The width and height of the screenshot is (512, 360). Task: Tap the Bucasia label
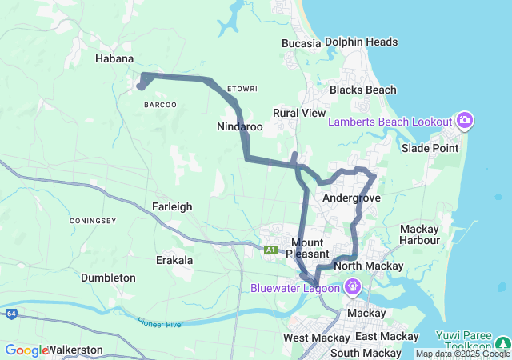pyautogui.click(x=301, y=42)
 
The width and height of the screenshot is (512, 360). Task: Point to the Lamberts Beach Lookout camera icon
pyautogui.click(x=465, y=121)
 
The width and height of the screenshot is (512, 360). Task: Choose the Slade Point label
pyautogui.click(x=430, y=148)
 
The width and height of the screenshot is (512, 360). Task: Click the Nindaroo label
pyautogui.click(x=240, y=127)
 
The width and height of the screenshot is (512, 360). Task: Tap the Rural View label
pyautogui.click(x=299, y=113)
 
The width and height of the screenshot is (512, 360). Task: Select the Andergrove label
pyautogui.click(x=350, y=198)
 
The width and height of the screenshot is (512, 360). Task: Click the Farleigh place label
pyautogui.click(x=172, y=206)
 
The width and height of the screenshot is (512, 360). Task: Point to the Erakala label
pyautogui.click(x=174, y=261)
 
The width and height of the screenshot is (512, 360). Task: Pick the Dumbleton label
pyautogui.click(x=108, y=278)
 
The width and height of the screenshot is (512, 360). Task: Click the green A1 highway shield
pyautogui.click(x=271, y=250)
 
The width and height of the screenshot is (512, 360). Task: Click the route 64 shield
pyautogui.click(x=10, y=313)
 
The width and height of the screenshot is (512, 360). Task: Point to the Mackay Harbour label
pyautogui.click(x=420, y=234)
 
